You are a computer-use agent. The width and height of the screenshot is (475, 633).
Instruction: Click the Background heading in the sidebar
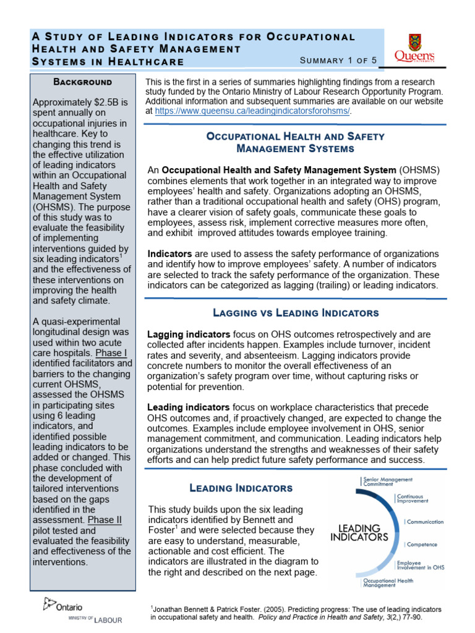[82, 82]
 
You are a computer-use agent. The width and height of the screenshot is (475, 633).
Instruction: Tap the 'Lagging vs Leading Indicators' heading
[296, 313]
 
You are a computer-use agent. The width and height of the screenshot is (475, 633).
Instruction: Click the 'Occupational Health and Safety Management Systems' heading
[296, 142]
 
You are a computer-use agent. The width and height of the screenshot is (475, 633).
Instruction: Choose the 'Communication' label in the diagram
[425, 522]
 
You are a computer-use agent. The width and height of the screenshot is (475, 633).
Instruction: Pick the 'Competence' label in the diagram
[422, 545]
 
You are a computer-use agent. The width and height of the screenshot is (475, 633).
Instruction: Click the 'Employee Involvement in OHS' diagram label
[420, 566]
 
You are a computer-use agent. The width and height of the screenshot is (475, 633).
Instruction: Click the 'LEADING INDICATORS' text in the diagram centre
[359, 533]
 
